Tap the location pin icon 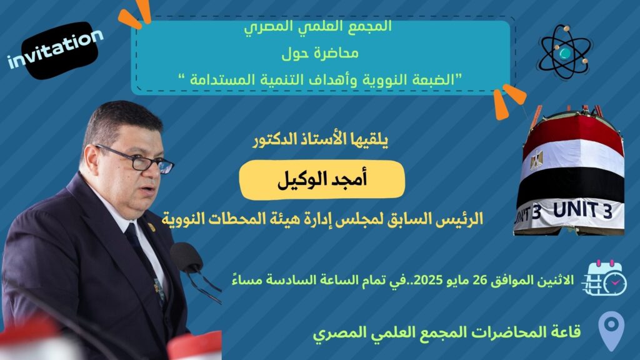(611, 331)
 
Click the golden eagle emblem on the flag (537, 161)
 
